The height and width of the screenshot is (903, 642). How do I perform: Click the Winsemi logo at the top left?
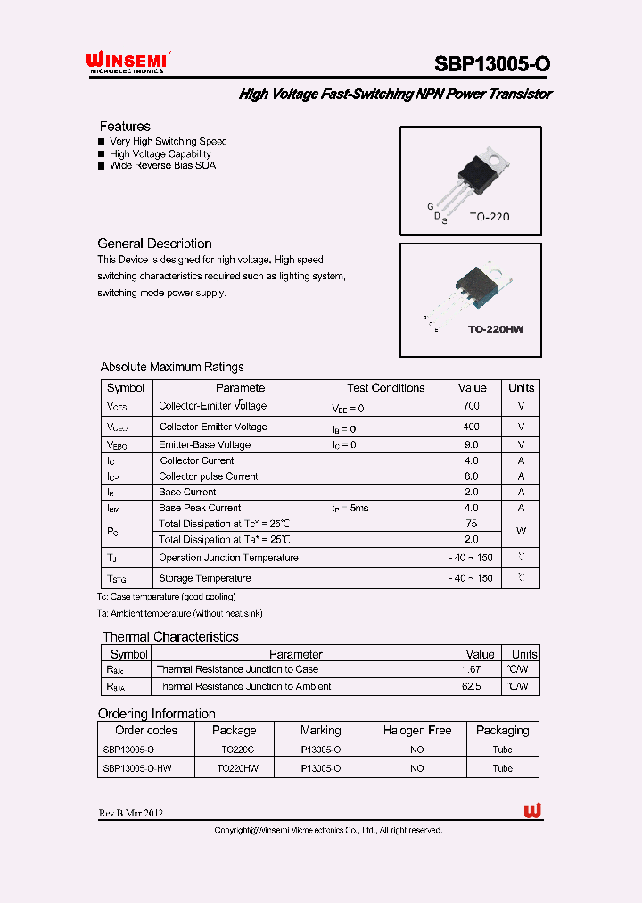pyautogui.click(x=128, y=61)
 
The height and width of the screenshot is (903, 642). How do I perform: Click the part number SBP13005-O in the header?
pyautogui.click(x=492, y=63)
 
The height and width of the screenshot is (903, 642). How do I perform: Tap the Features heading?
pyautogui.click(x=125, y=127)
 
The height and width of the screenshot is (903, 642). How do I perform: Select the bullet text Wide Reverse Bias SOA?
pyautogui.click(x=162, y=165)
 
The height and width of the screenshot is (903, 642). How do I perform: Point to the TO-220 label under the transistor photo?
pyautogui.click(x=489, y=216)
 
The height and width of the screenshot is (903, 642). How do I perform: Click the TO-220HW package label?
pyautogui.click(x=496, y=329)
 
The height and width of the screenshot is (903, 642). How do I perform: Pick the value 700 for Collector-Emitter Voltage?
pyautogui.click(x=472, y=406)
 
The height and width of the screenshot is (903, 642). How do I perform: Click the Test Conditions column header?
pyautogui.click(x=385, y=388)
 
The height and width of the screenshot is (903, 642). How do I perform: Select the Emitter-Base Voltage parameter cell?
pyautogui.click(x=204, y=444)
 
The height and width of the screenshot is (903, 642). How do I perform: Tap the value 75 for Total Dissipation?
pyautogui.click(x=472, y=524)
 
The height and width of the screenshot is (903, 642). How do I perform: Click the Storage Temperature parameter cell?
pyautogui.click(x=204, y=578)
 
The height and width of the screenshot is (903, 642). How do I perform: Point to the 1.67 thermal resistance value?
pyautogui.click(x=472, y=669)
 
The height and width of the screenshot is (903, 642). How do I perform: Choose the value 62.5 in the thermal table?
pyautogui.click(x=472, y=687)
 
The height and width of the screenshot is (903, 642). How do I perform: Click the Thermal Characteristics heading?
pyautogui.click(x=170, y=637)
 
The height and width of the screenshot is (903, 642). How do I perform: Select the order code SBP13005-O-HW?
pyautogui.click(x=136, y=768)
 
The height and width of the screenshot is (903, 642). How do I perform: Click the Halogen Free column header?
pyautogui.click(x=416, y=731)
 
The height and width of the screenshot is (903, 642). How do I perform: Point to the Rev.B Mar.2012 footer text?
pyautogui.click(x=130, y=813)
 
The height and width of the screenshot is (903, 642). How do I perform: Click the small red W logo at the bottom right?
pyautogui.click(x=533, y=810)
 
